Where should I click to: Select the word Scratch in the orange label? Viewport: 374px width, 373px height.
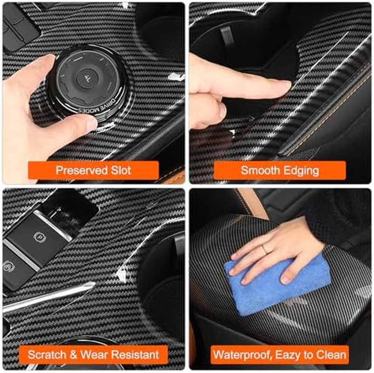[x=46, y=354]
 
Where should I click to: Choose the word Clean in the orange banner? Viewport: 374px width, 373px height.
[x=332, y=354]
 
